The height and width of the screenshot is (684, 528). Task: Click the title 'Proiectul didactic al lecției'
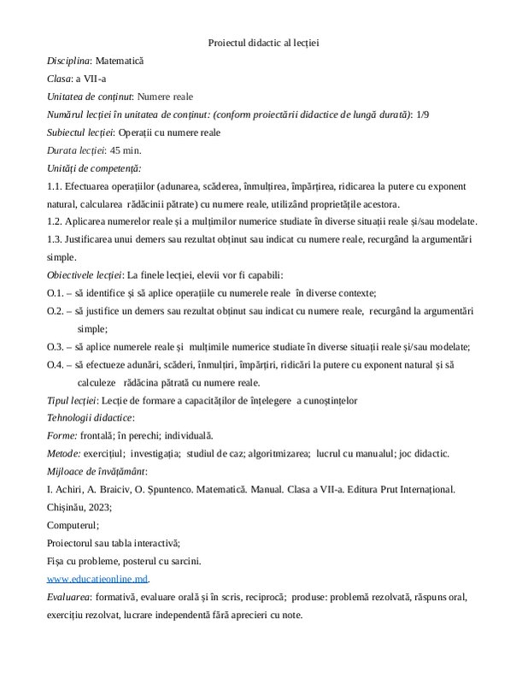[x=263, y=42]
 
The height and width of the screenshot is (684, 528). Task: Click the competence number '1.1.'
[x=56, y=186]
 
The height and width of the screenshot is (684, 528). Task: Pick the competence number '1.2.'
[x=56, y=221]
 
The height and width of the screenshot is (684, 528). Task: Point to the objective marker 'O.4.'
[x=56, y=364]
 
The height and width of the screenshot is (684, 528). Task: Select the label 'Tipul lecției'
[x=72, y=399]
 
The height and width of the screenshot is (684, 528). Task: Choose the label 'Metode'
[x=62, y=453]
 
